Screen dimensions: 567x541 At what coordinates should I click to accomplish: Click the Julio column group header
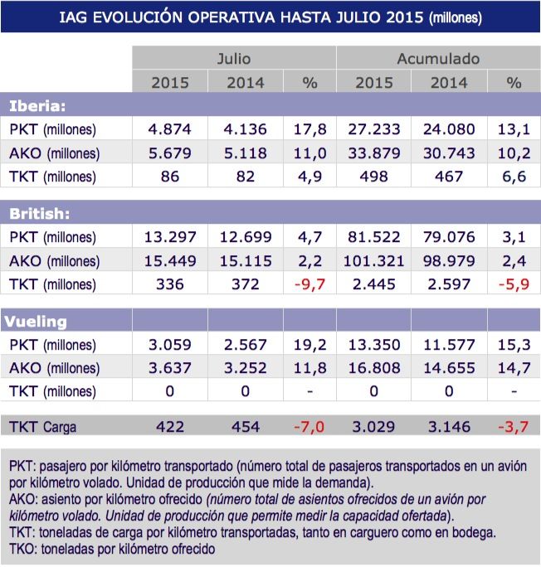233,59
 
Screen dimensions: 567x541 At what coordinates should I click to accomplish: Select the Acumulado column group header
437,59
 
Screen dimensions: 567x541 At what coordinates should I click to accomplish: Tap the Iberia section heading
37,105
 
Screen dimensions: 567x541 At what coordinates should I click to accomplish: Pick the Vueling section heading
38,322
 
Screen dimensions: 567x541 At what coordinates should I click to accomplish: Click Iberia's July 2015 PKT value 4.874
169,129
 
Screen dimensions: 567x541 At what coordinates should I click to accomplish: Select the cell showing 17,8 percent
309,129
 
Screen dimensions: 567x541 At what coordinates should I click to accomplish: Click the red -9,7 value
308,284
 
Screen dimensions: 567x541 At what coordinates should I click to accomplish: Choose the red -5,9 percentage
513,284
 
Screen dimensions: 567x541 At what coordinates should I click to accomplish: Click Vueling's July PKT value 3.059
169,346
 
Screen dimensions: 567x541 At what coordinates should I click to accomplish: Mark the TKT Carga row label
43,427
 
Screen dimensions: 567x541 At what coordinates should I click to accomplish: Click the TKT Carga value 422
169,427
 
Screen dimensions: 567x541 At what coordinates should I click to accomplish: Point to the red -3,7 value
513,427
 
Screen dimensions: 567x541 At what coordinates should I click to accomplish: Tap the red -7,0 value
308,427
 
